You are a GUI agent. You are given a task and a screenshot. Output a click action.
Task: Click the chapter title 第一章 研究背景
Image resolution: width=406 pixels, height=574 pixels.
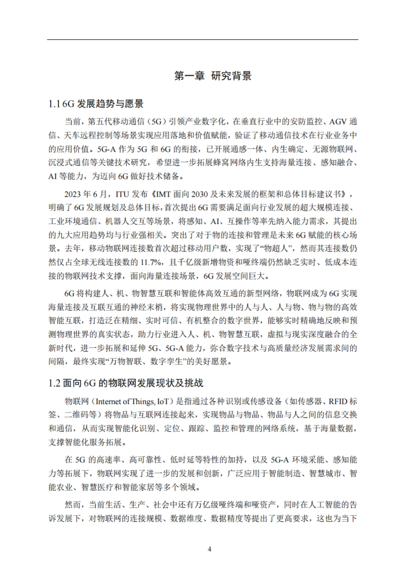(x=213, y=76)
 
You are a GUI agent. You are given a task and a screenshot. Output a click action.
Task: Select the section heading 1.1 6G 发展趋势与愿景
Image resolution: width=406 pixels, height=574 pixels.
(x=96, y=104)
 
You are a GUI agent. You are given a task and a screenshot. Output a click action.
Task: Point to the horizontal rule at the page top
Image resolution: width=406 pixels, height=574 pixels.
(x=202, y=40)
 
